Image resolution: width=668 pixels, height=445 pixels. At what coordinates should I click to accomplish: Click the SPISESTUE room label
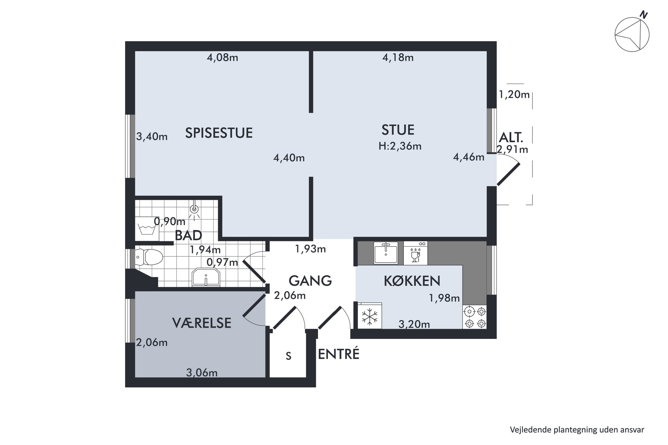click(219, 133)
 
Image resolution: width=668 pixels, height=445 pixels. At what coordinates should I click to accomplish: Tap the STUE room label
click(398, 130)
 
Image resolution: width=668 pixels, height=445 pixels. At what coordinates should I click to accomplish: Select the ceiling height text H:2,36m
click(400, 146)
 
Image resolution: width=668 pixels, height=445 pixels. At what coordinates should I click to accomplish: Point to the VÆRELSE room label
click(202, 323)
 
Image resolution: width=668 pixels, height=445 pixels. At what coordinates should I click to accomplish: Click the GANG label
click(310, 281)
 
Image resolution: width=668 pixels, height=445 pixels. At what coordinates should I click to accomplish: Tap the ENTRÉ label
click(338, 354)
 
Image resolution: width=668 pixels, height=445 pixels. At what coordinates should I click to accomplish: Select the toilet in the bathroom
click(149, 257)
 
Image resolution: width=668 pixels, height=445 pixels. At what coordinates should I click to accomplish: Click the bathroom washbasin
click(206, 277)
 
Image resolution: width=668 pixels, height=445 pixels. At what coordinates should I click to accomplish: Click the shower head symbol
click(194, 209)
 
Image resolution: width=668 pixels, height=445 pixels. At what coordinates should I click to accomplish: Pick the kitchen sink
click(386, 253)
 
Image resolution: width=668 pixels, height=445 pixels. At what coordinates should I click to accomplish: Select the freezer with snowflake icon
click(369, 316)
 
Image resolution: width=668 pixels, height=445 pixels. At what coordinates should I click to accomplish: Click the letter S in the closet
click(289, 356)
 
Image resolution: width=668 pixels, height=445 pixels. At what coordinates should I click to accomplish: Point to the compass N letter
click(644, 15)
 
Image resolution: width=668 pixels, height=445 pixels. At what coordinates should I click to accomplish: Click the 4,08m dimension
click(222, 58)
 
